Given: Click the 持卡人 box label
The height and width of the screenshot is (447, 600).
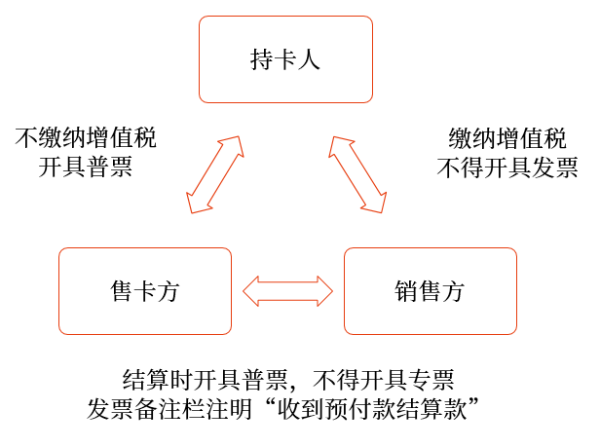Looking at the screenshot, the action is tap(285, 60).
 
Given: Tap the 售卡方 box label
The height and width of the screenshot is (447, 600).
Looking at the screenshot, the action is tap(145, 291).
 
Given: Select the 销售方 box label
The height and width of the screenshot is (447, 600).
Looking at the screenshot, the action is tap(430, 291).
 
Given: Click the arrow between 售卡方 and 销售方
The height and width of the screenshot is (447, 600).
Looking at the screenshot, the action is tap(287, 291).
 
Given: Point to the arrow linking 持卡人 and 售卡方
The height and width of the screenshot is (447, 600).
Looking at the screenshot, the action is tap(215, 174).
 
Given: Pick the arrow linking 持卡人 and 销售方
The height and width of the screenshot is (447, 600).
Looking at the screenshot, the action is tap(357, 174).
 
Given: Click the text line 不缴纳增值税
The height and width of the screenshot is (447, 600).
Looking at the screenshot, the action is tap(86, 137).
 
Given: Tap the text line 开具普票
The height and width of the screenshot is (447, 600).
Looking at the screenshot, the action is tap(86, 167).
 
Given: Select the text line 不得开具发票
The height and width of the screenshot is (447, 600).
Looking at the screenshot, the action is tap(507, 168).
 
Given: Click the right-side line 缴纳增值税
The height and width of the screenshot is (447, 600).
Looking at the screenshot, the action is tap(507, 138).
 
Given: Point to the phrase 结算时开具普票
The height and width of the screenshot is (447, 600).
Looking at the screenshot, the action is tap(205, 380).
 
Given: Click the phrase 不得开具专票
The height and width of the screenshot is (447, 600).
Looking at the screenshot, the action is tap(384, 380).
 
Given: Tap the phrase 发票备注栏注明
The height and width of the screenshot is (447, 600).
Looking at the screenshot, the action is tap(169, 409).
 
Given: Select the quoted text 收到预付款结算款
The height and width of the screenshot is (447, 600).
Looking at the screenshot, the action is tap(372, 409).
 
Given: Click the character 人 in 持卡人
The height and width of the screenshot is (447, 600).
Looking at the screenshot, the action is tap(309, 60).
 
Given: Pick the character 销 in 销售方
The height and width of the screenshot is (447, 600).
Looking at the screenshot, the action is tap(406, 291).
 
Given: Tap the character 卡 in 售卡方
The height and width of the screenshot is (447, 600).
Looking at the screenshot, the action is tap(145, 291).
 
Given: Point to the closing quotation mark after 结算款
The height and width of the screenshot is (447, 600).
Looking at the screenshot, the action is tap(473, 402).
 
